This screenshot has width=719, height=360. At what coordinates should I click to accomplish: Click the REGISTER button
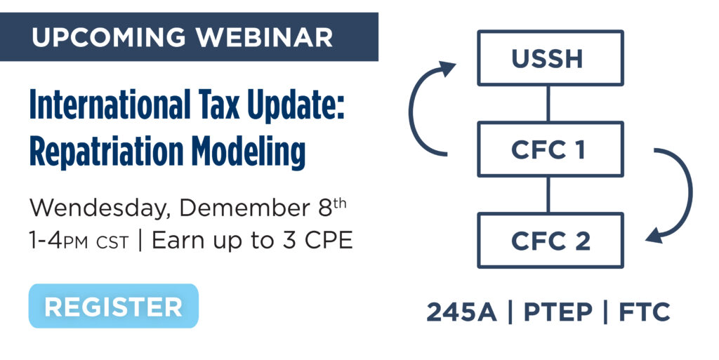click(113, 306)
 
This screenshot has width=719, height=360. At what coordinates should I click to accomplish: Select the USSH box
click(550, 58)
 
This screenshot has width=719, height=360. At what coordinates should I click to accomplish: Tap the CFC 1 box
click(550, 149)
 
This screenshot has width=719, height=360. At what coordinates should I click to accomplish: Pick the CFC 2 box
click(550, 241)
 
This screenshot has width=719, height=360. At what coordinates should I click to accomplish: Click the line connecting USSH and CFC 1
click(548, 104)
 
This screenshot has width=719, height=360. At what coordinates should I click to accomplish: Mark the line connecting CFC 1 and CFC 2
click(548, 194)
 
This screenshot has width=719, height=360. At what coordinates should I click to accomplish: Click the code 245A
click(462, 312)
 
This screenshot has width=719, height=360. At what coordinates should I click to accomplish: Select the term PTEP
click(558, 312)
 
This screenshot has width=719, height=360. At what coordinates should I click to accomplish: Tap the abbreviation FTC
click(645, 312)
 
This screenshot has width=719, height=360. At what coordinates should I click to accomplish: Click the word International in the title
click(110, 105)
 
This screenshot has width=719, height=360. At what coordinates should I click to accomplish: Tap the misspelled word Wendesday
click(100, 208)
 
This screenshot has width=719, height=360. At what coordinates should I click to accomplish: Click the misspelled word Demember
click(245, 208)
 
